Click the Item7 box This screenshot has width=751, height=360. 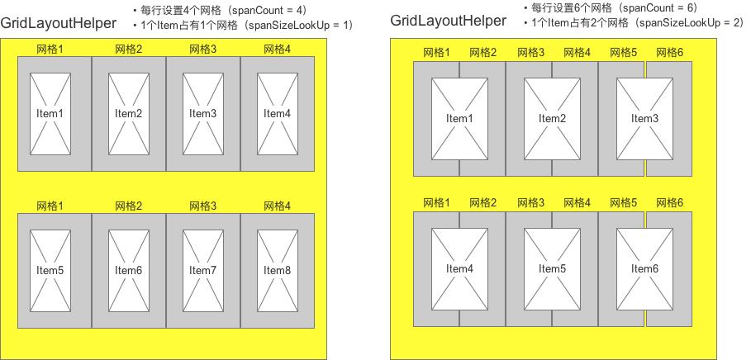point(202,270)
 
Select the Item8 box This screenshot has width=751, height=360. point(277,270)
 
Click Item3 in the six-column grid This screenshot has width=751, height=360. point(644,119)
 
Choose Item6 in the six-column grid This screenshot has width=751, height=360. point(644,268)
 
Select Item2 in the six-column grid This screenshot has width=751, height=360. point(552,119)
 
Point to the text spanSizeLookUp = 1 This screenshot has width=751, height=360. point(302,26)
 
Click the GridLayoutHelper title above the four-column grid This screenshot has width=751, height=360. point(58,24)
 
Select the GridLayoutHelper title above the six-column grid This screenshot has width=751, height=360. point(448,20)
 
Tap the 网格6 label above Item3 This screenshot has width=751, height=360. point(669,53)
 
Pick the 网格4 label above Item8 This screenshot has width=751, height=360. point(277,206)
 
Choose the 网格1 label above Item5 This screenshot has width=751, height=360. point(50,206)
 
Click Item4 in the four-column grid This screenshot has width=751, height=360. point(277,113)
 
